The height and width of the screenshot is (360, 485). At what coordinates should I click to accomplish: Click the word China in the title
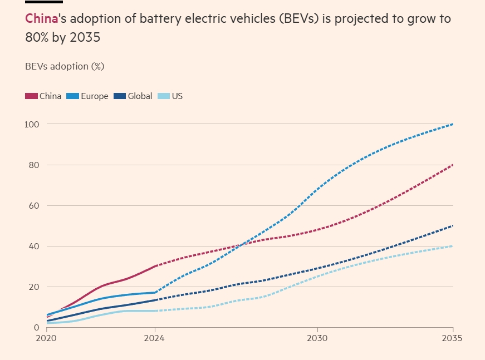click(42, 18)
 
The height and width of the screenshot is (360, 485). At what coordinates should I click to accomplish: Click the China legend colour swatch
click(31, 96)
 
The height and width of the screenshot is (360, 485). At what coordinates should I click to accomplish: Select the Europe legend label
click(95, 96)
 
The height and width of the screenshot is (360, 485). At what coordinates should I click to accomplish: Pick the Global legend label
click(140, 96)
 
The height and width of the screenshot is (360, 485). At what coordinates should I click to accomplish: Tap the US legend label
click(177, 96)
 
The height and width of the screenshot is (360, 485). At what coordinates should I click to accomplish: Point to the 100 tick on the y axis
click(31, 124)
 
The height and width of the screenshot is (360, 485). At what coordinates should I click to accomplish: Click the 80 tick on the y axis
click(33, 165)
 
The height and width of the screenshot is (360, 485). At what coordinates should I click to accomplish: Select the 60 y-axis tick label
click(33, 205)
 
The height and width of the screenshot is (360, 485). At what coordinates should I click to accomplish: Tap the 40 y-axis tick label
click(33, 246)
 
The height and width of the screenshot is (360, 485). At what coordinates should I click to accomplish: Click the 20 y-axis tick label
click(33, 287)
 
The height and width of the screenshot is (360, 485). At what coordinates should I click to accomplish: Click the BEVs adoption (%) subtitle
click(65, 66)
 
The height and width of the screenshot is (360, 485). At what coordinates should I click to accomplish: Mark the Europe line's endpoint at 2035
click(453, 124)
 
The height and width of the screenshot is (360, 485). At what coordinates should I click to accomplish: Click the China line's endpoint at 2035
click(453, 165)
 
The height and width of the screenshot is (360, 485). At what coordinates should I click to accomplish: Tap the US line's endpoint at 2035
click(453, 246)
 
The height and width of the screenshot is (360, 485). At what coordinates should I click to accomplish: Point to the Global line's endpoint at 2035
click(453, 226)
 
